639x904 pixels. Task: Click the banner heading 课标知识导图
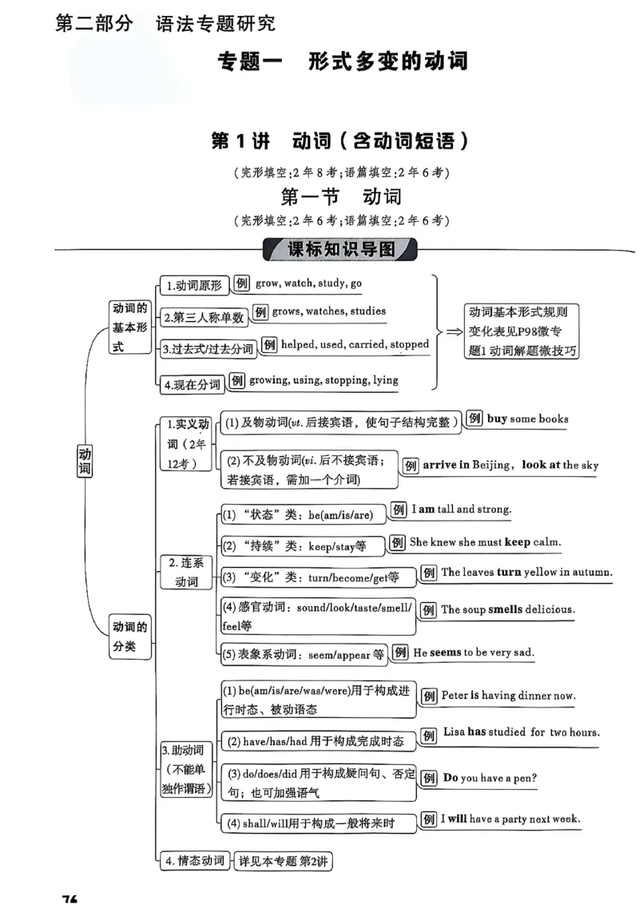[341, 249]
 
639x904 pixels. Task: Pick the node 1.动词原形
[193, 284]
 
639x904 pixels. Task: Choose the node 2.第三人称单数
[203, 317]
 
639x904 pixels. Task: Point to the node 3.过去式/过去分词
[207, 349]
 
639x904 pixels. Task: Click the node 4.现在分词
[192, 384]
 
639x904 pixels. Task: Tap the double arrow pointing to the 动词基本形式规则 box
[453, 331]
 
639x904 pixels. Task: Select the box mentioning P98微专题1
[522, 331]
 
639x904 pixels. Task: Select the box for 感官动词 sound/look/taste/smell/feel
[317, 616]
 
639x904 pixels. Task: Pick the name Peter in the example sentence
[454, 696]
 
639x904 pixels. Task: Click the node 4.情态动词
[194, 861]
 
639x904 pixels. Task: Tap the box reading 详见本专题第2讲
[284, 862]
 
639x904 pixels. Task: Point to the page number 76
[69, 898]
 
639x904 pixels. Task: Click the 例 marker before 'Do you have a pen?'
[429, 778]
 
